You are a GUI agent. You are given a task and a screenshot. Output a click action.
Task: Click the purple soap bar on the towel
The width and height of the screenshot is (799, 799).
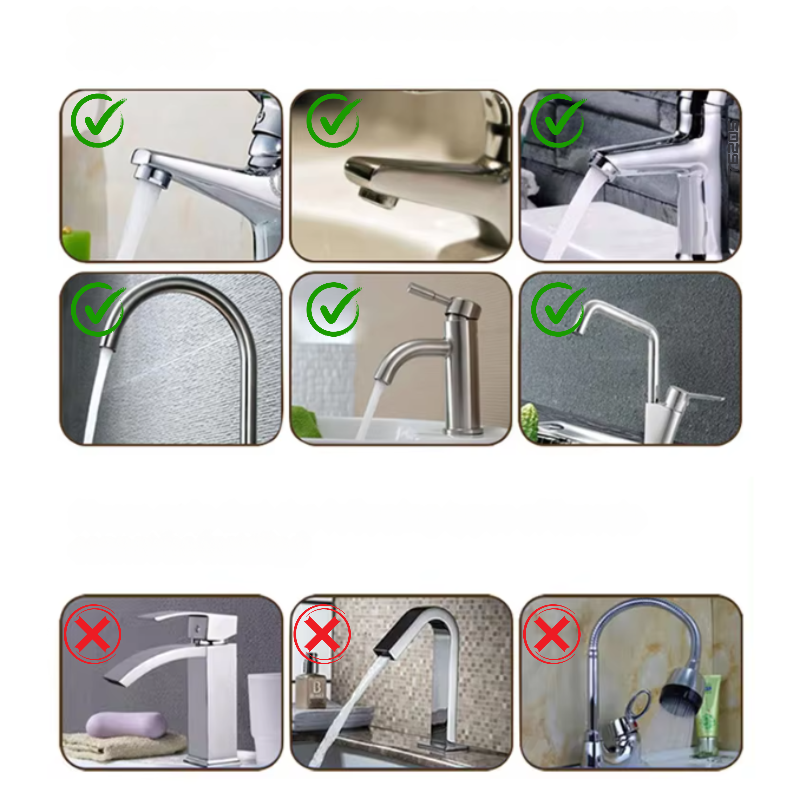[126, 724]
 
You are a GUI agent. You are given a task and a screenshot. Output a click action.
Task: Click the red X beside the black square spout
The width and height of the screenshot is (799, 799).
[322, 634]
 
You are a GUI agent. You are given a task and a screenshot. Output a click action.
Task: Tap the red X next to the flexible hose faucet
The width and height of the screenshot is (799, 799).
[552, 634]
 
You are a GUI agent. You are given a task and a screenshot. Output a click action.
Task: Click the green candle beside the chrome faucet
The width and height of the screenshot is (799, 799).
[76, 244]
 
